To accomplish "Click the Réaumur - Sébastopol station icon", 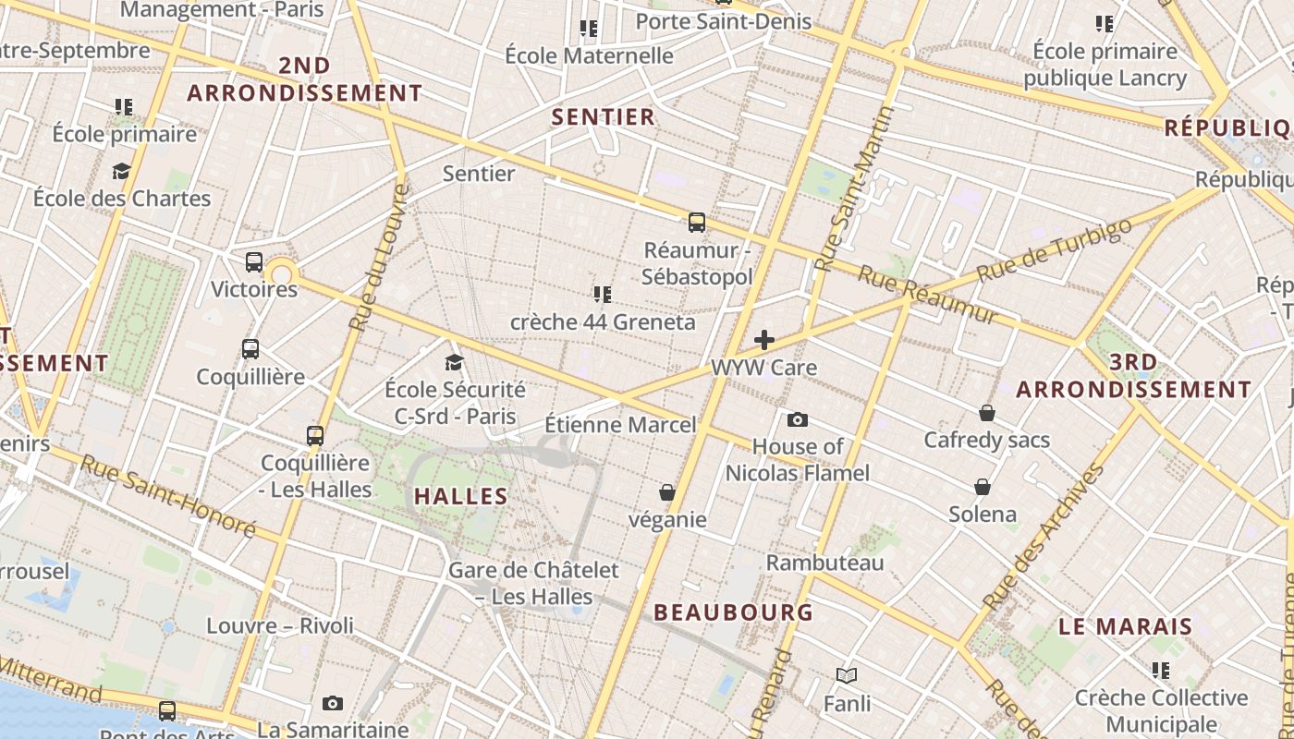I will [x=697, y=223].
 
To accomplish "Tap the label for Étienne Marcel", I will [x=620, y=425].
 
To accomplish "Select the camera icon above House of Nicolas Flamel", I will [x=797, y=420].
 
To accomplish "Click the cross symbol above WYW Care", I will [x=763, y=340].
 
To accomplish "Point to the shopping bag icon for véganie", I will [x=667, y=492].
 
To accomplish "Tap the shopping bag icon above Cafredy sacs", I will [x=987, y=413].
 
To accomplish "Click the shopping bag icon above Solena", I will [x=983, y=487].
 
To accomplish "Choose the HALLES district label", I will [x=460, y=497].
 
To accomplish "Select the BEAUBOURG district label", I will [x=733, y=612].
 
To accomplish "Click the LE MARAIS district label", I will [x=1125, y=627].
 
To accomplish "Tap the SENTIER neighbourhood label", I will [x=603, y=117].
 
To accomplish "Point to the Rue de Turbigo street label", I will [x=1054, y=250].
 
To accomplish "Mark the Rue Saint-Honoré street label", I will [x=167, y=495].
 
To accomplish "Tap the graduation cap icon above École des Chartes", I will [x=121, y=171].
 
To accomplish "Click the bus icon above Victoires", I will [x=254, y=262].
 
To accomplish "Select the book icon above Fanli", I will [x=847, y=675].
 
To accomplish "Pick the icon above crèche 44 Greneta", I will [x=603, y=295].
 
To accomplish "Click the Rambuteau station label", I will [x=824, y=563].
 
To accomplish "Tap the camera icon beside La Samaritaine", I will [x=333, y=704].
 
